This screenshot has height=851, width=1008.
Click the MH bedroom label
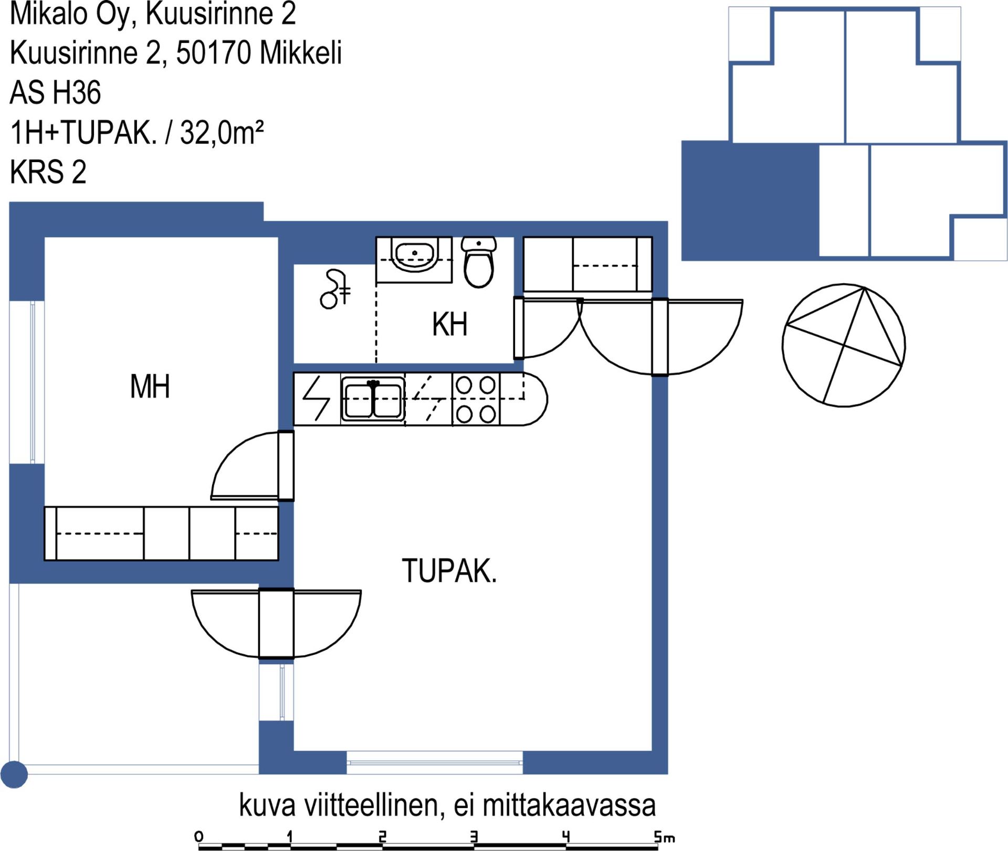tap(150, 387)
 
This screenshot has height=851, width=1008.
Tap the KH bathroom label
tap(449, 324)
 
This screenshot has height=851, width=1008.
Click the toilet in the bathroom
tap(479, 262)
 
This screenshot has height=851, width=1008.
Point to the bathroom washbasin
tap(414, 254)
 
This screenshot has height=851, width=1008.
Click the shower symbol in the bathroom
tap(335, 289)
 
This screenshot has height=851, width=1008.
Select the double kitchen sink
tap(373, 399)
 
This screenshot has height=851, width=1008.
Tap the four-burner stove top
tap(476, 399)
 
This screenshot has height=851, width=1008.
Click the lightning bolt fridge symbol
tap(317, 399)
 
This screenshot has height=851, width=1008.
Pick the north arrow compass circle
tap(844, 345)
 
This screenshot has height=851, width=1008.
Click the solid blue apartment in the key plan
tap(750, 201)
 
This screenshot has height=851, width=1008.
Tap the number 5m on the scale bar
tap(664, 837)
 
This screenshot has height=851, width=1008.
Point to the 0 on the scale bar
tap(198, 836)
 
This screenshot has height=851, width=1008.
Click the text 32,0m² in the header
tap(222, 132)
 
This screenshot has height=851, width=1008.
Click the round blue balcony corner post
tap(14, 774)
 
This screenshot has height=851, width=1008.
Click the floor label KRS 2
tap(48, 172)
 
